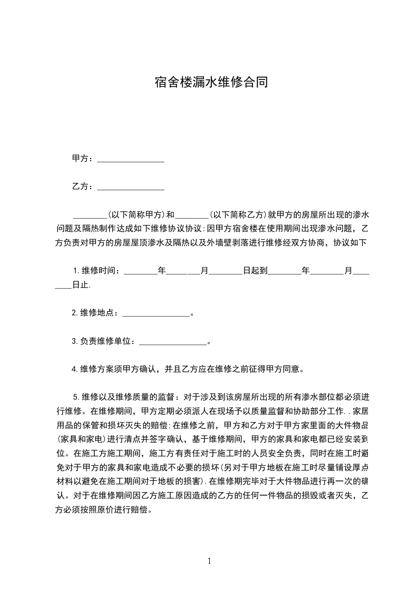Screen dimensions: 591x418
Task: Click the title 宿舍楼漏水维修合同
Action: click(209, 83)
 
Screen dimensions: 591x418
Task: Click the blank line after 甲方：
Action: click(131, 160)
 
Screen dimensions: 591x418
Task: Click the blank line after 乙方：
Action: click(131, 187)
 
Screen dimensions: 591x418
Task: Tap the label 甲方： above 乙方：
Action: click(83, 159)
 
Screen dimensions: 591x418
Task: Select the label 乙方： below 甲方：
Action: click(83, 186)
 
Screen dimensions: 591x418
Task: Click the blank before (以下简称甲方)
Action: click(90, 216)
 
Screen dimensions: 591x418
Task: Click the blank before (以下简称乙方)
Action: click(192, 216)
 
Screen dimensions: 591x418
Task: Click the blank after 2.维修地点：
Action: click(155, 314)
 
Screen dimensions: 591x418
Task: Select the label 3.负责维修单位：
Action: click(105, 341)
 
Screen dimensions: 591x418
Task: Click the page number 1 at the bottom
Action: click(209, 561)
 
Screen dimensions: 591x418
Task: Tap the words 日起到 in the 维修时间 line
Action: click(255, 271)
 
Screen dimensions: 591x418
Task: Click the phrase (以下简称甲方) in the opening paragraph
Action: click(137, 215)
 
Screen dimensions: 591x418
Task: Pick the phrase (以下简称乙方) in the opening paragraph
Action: click(239, 215)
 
